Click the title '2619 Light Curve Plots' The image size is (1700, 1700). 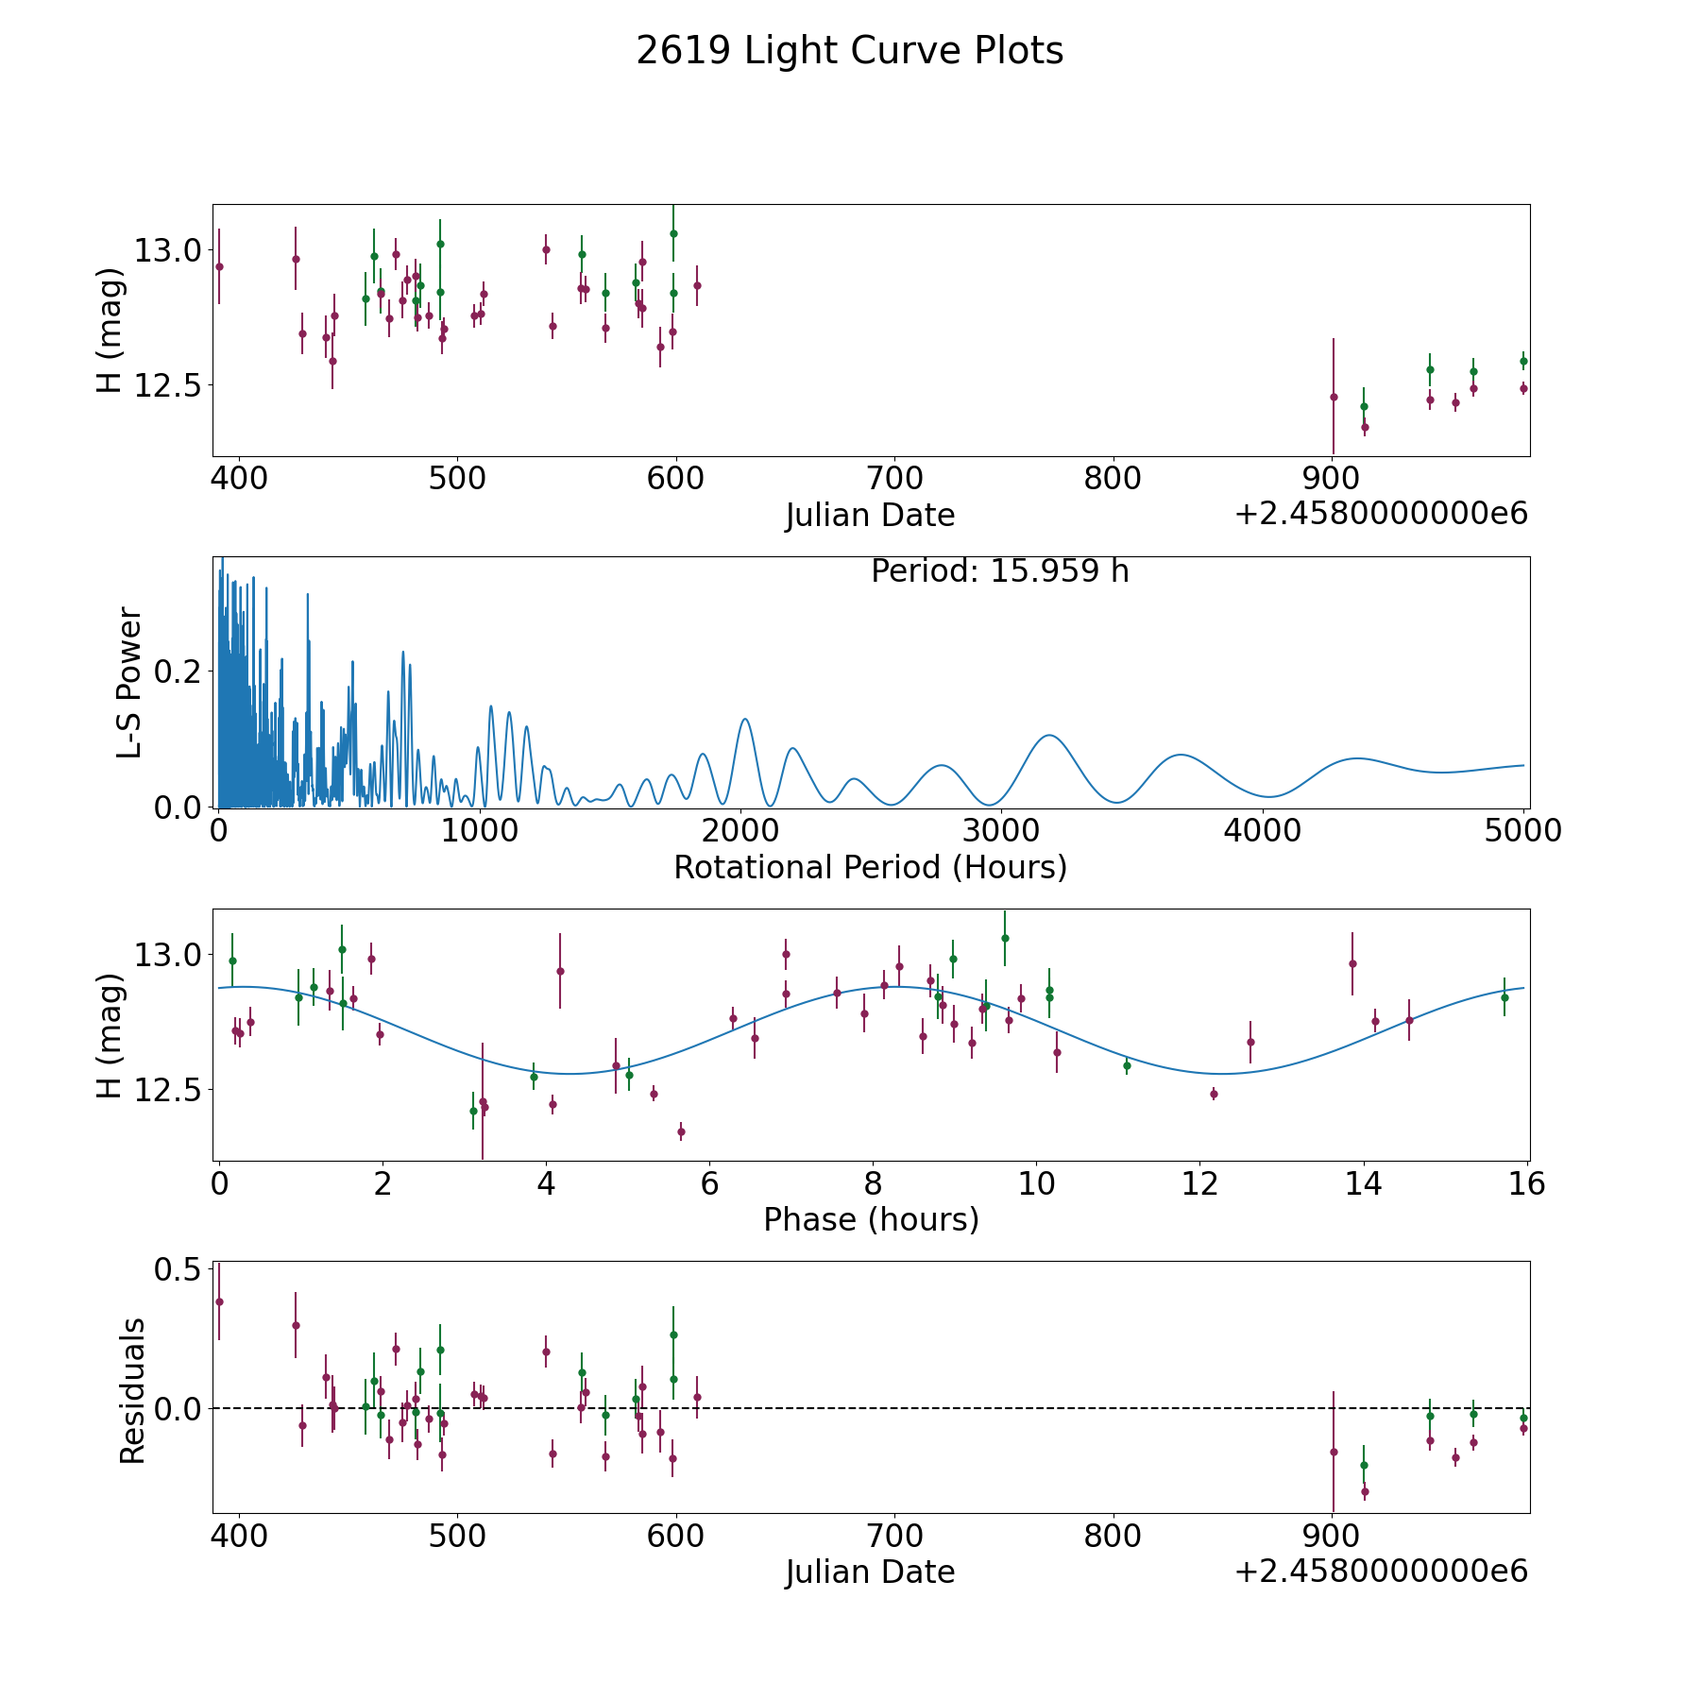pyautogui.click(x=849, y=51)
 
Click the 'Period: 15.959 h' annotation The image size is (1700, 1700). pyautogui.click(x=999, y=571)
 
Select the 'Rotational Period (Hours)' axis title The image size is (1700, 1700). pyautogui.click(x=870, y=867)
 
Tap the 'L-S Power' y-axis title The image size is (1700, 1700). pyautogui.click(x=129, y=683)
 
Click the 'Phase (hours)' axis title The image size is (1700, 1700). pyautogui.click(x=871, y=1219)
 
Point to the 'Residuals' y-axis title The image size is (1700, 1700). pyautogui.click(x=132, y=1391)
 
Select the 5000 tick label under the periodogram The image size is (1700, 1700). pyautogui.click(x=1522, y=830)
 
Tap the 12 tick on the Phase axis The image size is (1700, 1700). pyautogui.click(x=1199, y=1182)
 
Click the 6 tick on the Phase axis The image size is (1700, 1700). pyautogui.click(x=709, y=1182)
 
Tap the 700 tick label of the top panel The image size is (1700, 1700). pyautogui.click(x=894, y=478)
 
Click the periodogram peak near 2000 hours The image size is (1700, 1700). pyautogui.click(x=744, y=720)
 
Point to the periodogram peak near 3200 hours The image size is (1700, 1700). pyautogui.click(x=1048, y=735)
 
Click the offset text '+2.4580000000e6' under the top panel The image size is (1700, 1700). pyautogui.click(x=1381, y=514)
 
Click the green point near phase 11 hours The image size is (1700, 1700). pyautogui.click(x=1127, y=1065)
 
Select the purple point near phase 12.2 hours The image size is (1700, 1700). pyautogui.click(x=1214, y=1094)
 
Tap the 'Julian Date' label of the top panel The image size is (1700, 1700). pyautogui.click(x=870, y=516)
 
